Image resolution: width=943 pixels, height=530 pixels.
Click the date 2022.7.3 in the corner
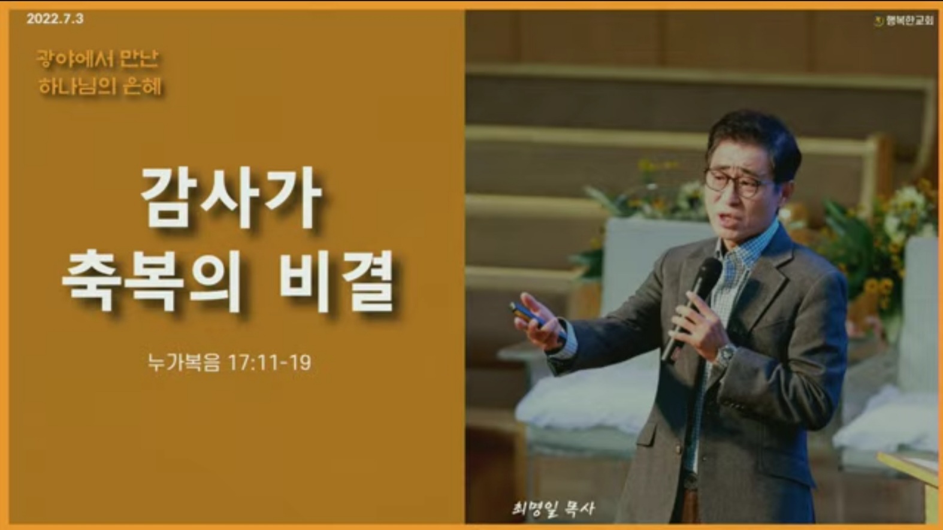(55, 19)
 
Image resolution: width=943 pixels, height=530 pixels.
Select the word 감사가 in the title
(231, 198)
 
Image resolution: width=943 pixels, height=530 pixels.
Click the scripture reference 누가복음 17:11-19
(229, 362)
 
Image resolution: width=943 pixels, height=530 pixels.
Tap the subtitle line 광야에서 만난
(97, 59)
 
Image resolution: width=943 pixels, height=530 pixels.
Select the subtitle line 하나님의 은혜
(100, 87)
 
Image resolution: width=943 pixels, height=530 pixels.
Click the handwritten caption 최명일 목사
(553, 508)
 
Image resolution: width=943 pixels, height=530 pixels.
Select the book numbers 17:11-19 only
(270, 362)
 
